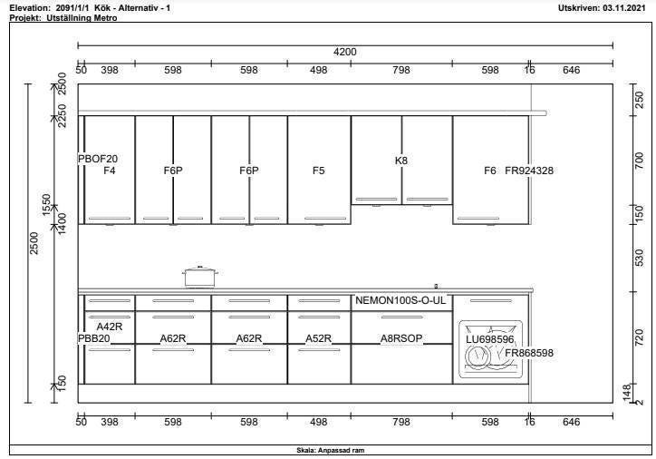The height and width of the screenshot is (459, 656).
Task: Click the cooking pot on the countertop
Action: [x=200, y=277]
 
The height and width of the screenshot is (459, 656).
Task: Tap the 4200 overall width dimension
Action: [x=344, y=52]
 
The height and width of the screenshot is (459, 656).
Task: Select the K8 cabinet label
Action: [x=400, y=161]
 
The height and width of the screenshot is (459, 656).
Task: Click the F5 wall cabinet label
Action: [x=318, y=171]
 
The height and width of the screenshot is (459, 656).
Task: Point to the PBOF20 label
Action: [x=98, y=159]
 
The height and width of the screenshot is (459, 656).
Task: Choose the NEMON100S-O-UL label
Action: [x=400, y=300]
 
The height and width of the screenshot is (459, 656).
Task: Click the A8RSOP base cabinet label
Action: [x=401, y=338]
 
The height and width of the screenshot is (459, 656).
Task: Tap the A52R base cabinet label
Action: [x=318, y=338]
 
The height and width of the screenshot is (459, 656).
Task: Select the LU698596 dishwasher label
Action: [x=490, y=339]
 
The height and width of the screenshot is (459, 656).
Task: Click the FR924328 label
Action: [x=529, y=171]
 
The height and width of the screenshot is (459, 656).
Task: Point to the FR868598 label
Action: [x=529, y=353]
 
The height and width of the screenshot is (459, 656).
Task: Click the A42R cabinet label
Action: [x=110, y=327]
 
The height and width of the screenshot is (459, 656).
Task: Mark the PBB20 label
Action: [x=94, y=338]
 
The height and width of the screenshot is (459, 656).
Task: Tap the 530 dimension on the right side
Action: [x=640, y=258]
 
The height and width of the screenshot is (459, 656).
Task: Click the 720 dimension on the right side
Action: [x=640, y=337]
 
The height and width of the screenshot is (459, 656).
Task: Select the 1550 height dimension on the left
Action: [x=46, y=205]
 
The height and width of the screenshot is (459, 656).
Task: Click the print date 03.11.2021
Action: [x=624, y=8]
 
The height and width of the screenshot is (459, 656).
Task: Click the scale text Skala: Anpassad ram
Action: [x=330, y=451]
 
